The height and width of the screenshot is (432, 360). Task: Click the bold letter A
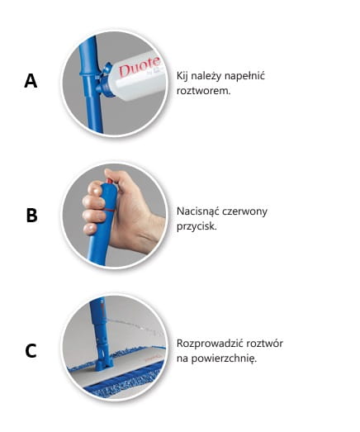tap(31, 81)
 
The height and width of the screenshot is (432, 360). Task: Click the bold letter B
tap(31, 215)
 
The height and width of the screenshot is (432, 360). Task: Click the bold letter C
tap(31, 351)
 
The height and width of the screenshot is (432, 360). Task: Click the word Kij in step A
tap(182, 75)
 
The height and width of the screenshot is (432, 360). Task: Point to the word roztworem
tap(203, 91)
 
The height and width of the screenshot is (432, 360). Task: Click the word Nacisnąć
tap(197, 211)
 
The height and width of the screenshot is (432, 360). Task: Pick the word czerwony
tap(244, 211)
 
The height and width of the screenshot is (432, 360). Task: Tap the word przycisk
tap(197, 226)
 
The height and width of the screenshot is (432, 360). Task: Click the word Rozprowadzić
tap(210, 344)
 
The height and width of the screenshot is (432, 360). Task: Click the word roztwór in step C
tap(264, 344)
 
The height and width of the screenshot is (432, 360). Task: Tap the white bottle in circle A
tap(135, 76)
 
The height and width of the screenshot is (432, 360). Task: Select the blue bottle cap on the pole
tap(106, 82)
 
